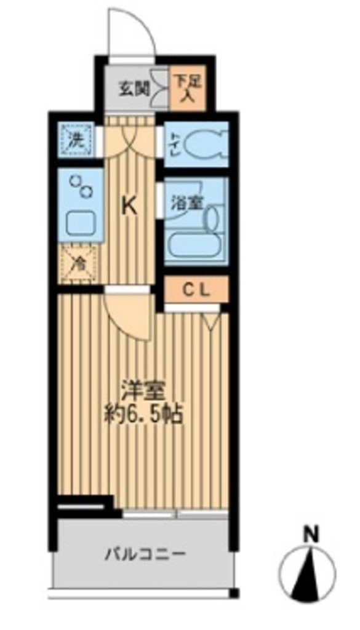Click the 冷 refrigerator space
pos(78,263)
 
